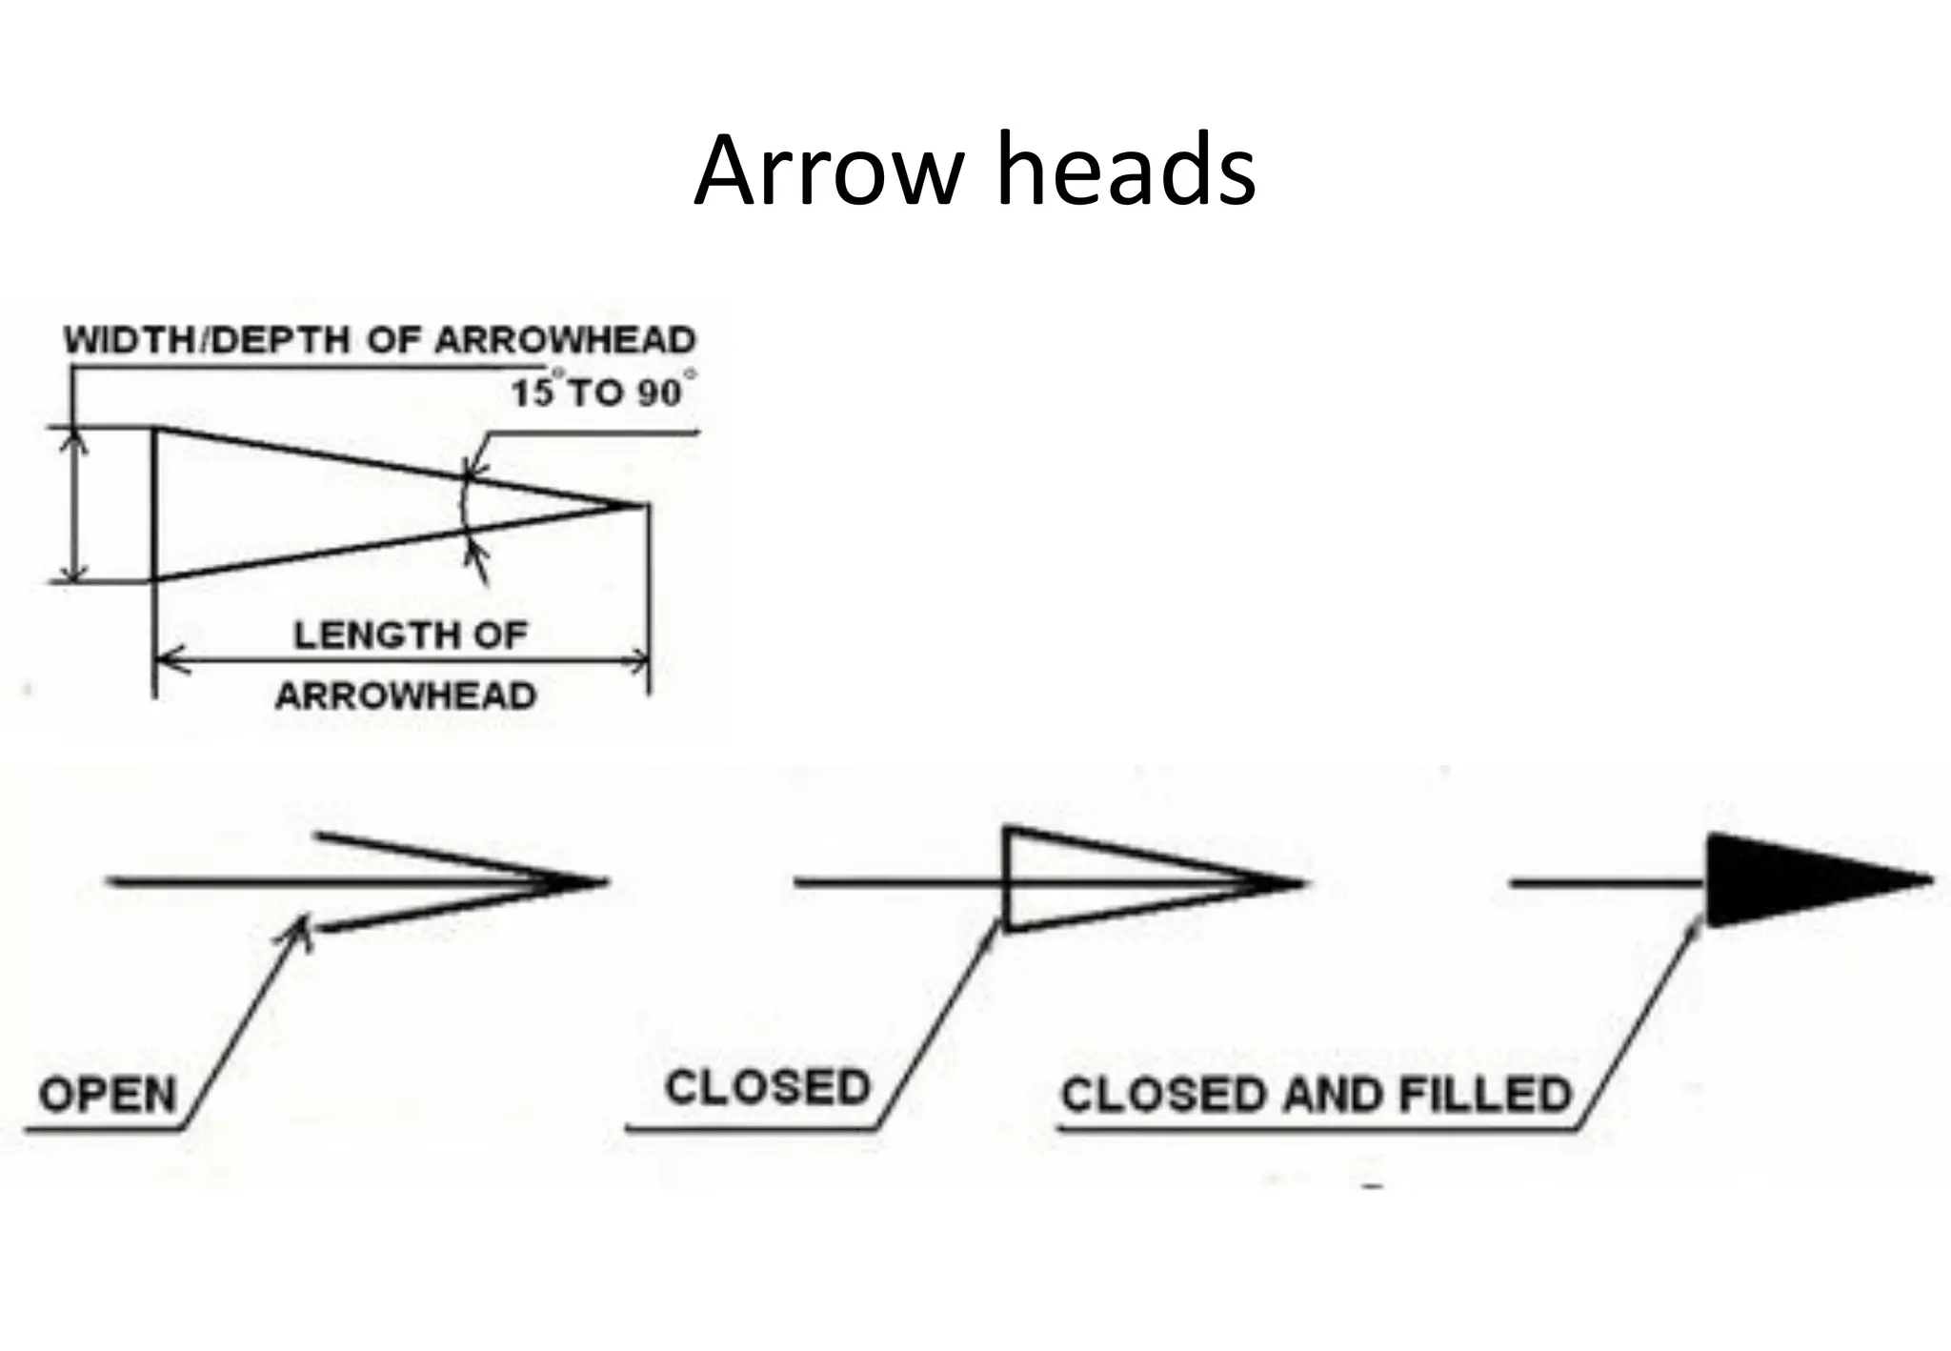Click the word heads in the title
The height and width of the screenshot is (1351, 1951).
coord(1125,172)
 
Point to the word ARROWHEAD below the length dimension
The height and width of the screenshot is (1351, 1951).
coord(406,696)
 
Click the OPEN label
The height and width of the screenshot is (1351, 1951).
coord(108,1095)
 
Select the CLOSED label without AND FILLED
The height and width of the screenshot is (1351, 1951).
coord(768,1088)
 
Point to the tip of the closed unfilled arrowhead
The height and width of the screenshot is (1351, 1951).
coord(1297,882)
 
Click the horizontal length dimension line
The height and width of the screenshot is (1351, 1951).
coord(400,659)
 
